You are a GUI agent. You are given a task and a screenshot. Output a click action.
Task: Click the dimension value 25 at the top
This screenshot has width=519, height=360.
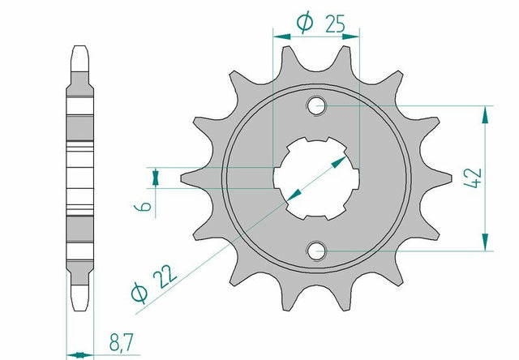click(x=335, y=24)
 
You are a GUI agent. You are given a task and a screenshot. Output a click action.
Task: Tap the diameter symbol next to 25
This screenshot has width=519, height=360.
click(x=305, y=23)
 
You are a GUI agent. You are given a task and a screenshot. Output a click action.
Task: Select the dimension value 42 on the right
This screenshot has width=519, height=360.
click(x=474, y=178)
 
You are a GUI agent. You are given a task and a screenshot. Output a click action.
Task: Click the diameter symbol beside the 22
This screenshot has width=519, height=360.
click(x=139, y=293)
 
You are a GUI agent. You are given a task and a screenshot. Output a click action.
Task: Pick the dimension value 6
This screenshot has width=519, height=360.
click(x=143, y=207)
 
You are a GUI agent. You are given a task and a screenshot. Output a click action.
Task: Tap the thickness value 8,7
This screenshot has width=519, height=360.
click(x=121, y=343)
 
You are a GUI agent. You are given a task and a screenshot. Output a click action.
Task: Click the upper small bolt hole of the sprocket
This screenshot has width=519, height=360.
click(x=316, y=106)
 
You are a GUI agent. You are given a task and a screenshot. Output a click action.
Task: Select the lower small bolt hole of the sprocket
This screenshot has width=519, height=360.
click(x=316, y=251)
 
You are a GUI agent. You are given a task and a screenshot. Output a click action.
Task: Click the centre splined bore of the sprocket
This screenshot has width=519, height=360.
click(x=316, y=178)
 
